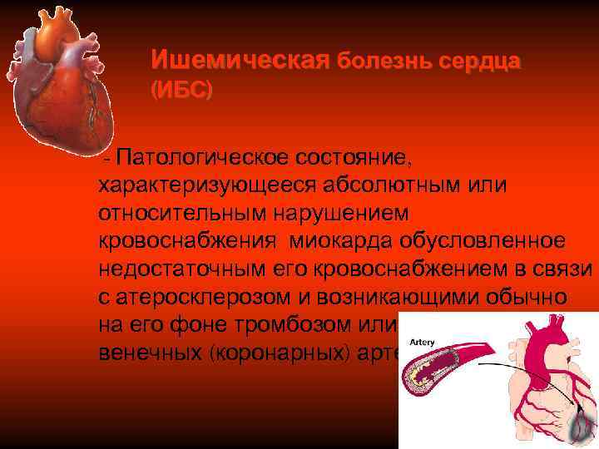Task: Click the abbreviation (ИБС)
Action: (x=181, y=90)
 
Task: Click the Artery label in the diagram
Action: (x=422, y=340)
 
